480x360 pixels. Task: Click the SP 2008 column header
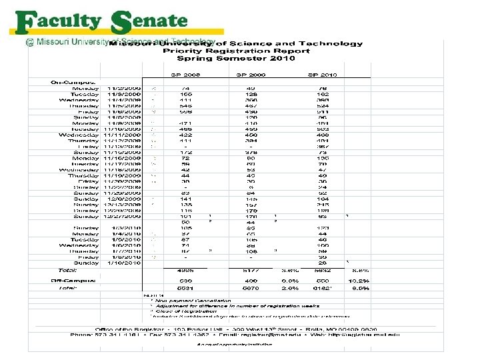(x=187, y=75)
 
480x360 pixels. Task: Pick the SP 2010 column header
(x=323, y=75)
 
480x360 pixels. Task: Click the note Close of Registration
(x=183, y=311)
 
